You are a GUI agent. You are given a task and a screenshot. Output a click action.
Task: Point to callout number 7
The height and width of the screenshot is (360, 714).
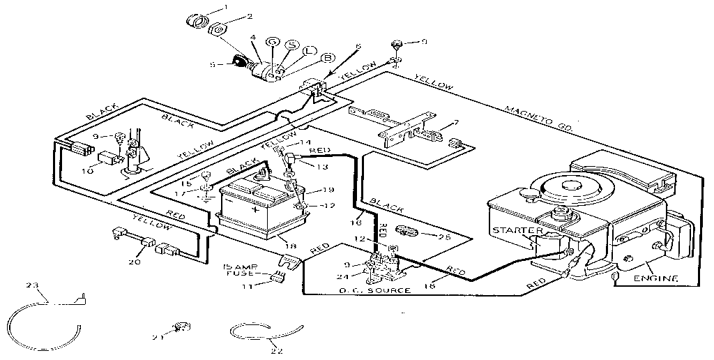pos(456,123)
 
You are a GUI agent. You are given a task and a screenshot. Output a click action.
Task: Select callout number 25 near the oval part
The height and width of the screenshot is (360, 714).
pos(443,237)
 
